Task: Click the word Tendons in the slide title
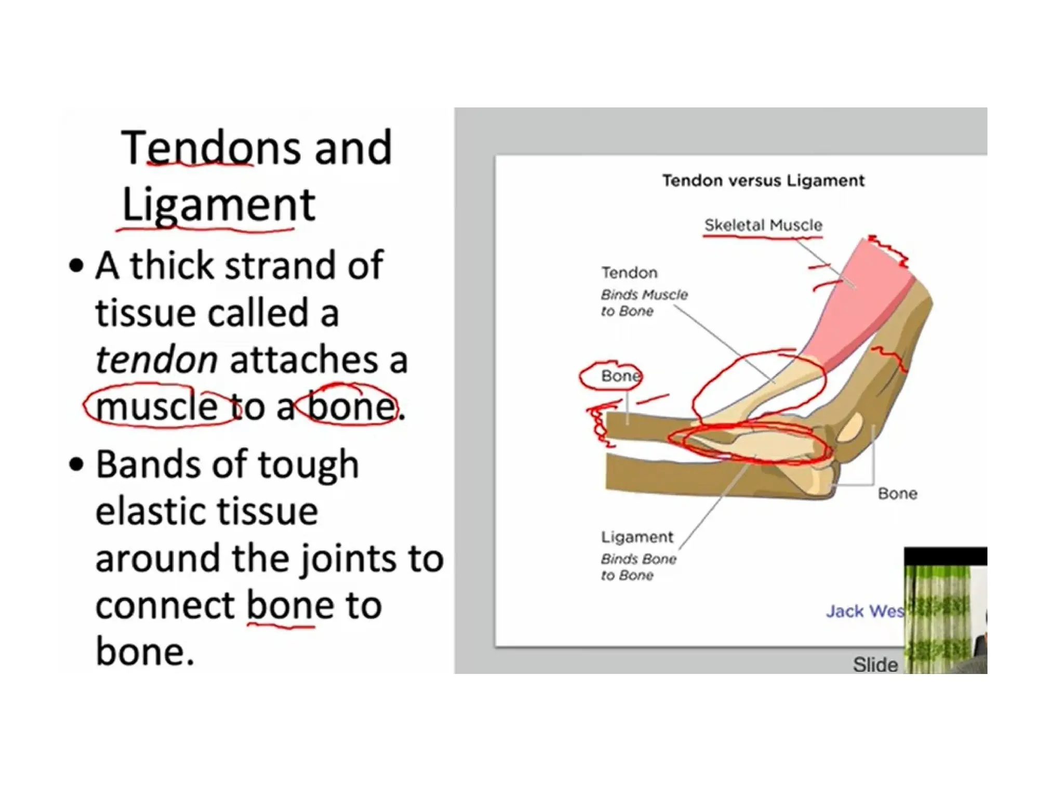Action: [x=210, y=148]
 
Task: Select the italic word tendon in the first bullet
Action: [x=156, y=360]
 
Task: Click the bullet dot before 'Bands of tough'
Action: [x=76, y=464]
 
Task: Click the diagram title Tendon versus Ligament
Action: [x=763, y=181]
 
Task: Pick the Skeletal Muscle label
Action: [x=763, y=225]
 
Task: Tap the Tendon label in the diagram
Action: [x=629, y=273]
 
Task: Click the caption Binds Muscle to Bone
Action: [x=644, y=303]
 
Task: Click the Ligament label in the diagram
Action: [x=637, y=537]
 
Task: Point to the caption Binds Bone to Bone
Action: [x=639, y=567]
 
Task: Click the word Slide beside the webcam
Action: [x=875, y=664]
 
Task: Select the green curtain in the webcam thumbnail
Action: [x=938, y=618]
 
